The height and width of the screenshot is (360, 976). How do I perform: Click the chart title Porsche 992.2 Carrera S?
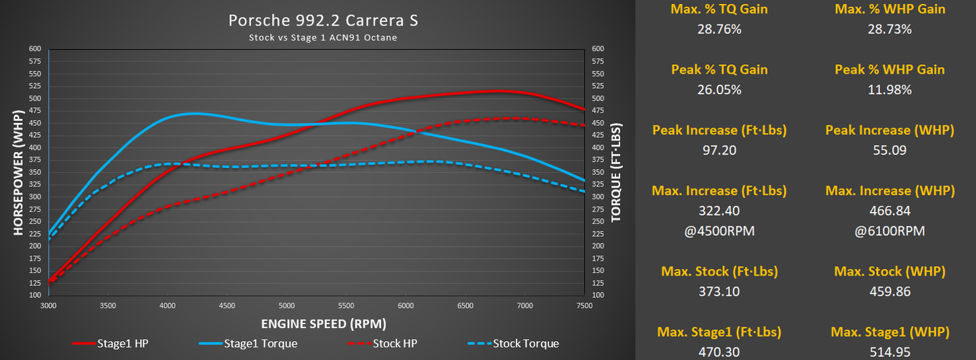pyautogui.click(x=323, y=20)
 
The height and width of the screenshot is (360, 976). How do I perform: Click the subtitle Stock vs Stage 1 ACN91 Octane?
pyautogui.click(x=323, y=38)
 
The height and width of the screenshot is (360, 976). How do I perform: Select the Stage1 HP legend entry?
pyautogui.click(x=110, y=344)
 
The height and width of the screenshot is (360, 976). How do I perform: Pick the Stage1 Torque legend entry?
pyautogui.click(x=248, y=344)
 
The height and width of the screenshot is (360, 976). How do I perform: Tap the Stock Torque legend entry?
pyautogui.click(x=513, y=344)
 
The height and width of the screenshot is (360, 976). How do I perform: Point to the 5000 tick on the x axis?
pyautogui.click(x=286, y=305)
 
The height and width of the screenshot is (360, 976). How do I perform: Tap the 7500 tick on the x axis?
pyautogui.click(x=584, y=305)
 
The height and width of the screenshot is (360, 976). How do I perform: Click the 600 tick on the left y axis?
pyautogui.click(x=34, y=49)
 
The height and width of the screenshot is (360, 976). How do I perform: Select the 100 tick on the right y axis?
pyautogui.click(x=597, y=296)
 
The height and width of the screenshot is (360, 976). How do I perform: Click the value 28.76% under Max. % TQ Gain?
pyautogui.click(x=719, y=29)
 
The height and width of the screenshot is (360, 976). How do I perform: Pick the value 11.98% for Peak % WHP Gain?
pyautogui.click(x=890, y=90)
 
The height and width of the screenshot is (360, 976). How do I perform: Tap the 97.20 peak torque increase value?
pyautogui.click(x=719, y=150)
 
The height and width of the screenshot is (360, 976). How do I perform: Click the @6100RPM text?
pyautogui.click(x=890, y=231)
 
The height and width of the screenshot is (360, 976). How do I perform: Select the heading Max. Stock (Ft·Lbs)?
pyautogui.click(x=719, y=272)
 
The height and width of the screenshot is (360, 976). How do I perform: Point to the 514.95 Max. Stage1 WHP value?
pyautogui.click(x=890, y=352)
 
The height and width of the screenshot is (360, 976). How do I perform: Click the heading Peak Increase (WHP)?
pyautogui.click(x=890, y=130)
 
